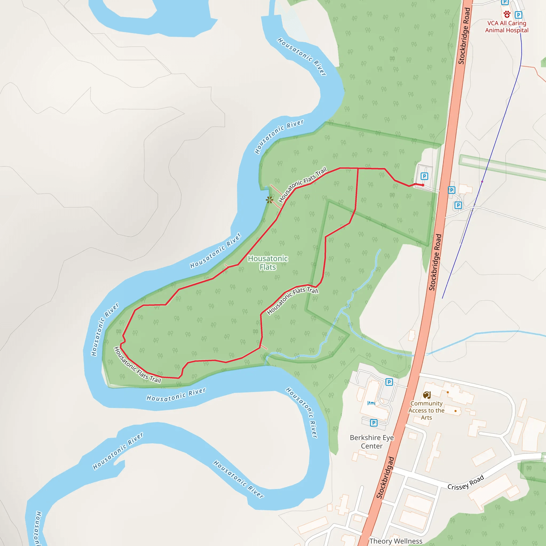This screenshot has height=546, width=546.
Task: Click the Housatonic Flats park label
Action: point(268,263)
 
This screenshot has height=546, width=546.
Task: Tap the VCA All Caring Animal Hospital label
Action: point(507,27)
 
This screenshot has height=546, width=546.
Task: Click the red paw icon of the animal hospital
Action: point(507,14)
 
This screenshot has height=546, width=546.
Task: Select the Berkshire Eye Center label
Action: point(372,441)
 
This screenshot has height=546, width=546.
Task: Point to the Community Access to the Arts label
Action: point(426,410)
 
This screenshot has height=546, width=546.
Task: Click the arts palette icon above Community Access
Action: point(427,395)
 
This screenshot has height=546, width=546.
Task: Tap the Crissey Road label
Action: point(466,482)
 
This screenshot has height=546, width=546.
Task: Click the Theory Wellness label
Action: point(396,541)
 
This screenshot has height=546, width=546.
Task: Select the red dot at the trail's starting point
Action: point(423,185)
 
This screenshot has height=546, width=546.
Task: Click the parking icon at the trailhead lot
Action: point(424,176)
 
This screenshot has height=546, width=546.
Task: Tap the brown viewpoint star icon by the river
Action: point(269,200)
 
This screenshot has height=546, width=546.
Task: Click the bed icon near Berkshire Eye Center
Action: point(371,403)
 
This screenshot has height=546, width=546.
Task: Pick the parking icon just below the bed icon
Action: point(374,423)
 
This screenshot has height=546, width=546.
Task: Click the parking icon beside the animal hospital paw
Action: point(518,15)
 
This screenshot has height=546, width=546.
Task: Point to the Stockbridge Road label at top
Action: point(464,36)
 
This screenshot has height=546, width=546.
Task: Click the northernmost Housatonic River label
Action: point(302,57)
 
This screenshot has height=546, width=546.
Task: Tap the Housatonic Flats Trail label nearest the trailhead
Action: point(303,184)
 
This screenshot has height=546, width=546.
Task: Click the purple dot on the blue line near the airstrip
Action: point(482,182)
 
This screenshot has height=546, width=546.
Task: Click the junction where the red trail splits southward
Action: point(358,168)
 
